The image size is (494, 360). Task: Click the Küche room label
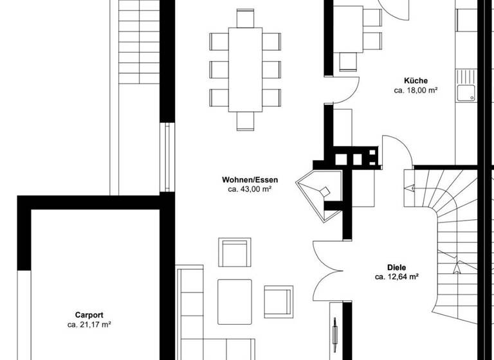[416, 80]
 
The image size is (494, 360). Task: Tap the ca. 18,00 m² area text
[416, 91]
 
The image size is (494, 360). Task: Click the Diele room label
[397, 267]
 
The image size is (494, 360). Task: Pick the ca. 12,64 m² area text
[397, 278]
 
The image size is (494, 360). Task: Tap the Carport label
[89, 315]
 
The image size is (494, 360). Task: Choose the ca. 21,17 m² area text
[89, 325]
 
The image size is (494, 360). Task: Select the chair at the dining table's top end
[246, 19]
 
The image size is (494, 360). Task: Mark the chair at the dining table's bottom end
[246, 121]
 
